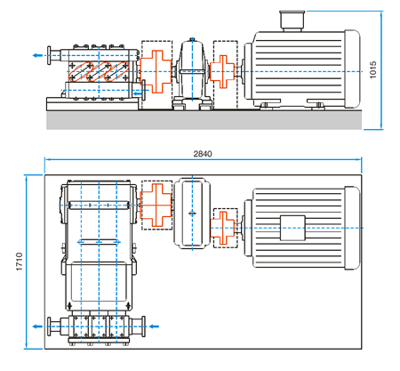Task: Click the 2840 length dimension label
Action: [x=203, y=154]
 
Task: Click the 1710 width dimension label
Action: [x=20, y=262]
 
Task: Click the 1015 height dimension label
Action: [x=373, y=70]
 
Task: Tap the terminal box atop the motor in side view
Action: [x=292, y=20]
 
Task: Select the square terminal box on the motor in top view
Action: [x=292, y=228]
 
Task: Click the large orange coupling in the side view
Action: [x=156, y=71]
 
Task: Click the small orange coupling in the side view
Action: [x=222, y=72]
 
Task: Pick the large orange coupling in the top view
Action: [x=156, y=205]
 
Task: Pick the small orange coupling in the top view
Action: [x=222, y=228]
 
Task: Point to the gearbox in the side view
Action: [x=192, y=74]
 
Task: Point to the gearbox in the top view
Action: [x=192, y=214]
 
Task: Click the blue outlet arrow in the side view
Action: [x=37, y=55]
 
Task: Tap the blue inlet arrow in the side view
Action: [x=138, y=94]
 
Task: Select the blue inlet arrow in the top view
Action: [x=154, y=327]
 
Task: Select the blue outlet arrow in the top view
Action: [x=37, y=327]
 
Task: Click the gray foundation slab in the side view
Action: [x=204, y=120]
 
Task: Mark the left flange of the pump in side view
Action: [x=49, y=55]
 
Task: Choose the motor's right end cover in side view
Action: [x=352, y=69]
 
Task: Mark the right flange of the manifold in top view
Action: [x=143, y=327]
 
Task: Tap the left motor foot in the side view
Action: [x=266, y=104]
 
